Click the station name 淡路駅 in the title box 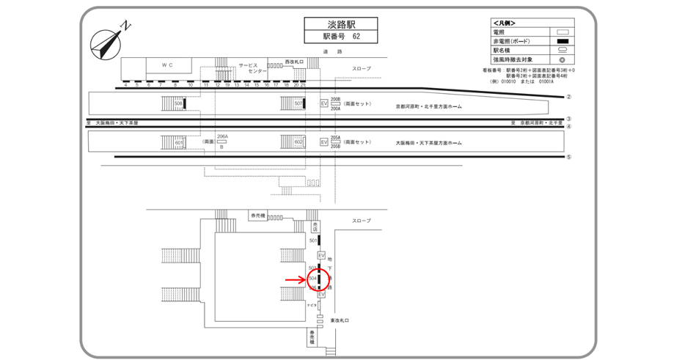pyautogui.click(x=340, y=24)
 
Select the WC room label pyautogui.click(x=167, y=65)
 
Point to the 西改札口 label pyautogui.click(x=294, y=62)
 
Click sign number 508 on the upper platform pyautogui.click(x=178, y=104)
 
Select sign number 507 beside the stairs pyautogui.click(x=298, y=104)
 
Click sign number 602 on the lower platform pyautogui.click(x=298, y=142)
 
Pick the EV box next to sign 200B pyautogui.click(x=323, y=104)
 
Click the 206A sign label pyautogui.click(x=223, y=136)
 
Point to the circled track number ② pyautogui.click(x=568, y=97)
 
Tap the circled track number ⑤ pyautogui.click(x=568, y=157)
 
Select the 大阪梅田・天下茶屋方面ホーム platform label pyautogui.click(x=428, y=143)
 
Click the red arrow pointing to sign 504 pyautogui.click(x=296, y=279)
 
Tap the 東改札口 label pyautogui.click(x=340, y=320)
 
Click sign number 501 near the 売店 pyautogui.click(x=313, y=240)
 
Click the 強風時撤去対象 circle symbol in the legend pyautogui.click(x=563, y=59)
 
